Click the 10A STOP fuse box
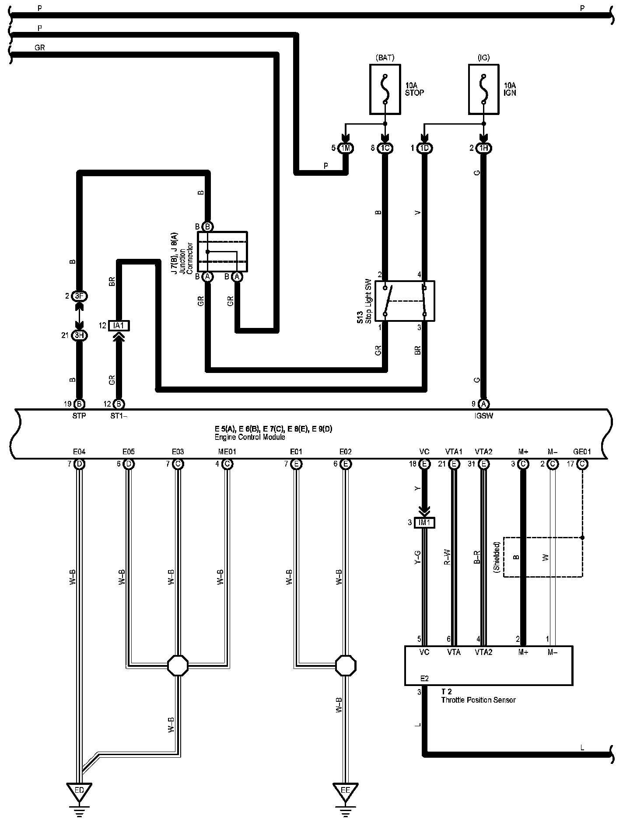[385, 90]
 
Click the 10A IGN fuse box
[483, 90]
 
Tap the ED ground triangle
[79, 791]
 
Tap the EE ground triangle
[346, 791]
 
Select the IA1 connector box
[119, 326]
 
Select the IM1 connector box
[424, 522]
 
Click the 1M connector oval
[346, 148]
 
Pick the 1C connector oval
[385, 148]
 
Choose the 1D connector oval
[424, 148]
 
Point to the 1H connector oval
[483, 148]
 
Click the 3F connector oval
[79, 296]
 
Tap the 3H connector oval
[79, 336]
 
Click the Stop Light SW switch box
[405, 301]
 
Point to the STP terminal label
[79, 416]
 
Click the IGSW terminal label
[483, 416]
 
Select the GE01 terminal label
[582, 452]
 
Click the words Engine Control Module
[249, 437]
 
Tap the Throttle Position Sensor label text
[478, 700]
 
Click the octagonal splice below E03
[178, 665]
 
